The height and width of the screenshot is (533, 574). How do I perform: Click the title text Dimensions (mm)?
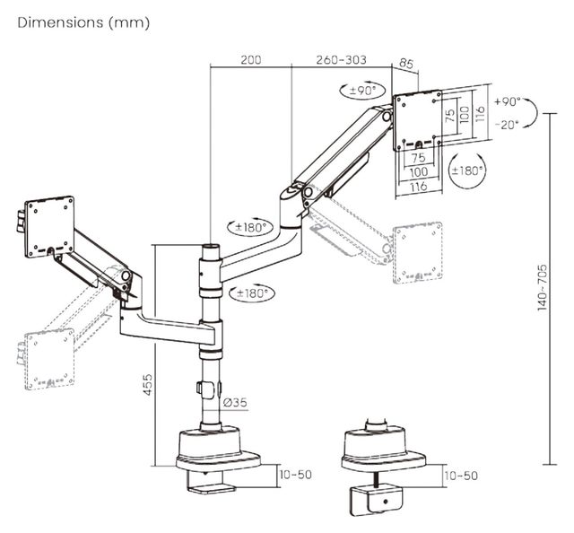coord(83,22)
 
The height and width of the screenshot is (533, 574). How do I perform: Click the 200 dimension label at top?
coord(251,60)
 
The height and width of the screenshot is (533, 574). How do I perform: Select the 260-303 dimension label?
coord(341,60)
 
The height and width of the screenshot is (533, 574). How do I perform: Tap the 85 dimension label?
coord(405,64)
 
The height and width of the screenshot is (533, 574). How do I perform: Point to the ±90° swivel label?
coord(362,90)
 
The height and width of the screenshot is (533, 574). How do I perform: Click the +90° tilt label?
coord(507,101)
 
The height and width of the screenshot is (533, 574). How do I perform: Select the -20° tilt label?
coord(507,125)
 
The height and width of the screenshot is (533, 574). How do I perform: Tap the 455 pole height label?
coord(147,385)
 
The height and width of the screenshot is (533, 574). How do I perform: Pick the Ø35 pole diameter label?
coord(235,402)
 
